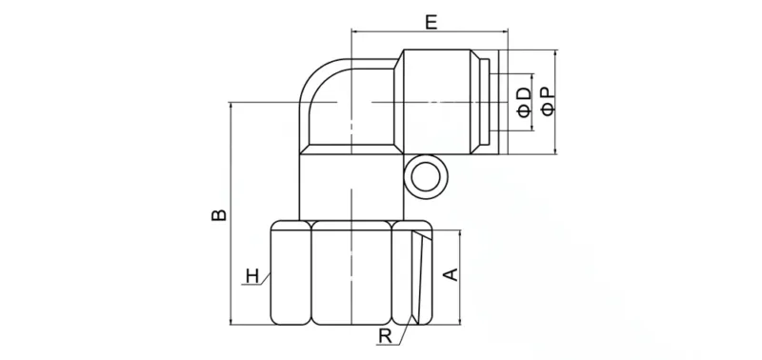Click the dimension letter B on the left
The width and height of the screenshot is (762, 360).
(219, 215)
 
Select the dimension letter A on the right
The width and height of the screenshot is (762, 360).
(453, 275)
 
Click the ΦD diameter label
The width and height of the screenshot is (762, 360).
(524, 101)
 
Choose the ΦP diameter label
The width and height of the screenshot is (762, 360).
(548, 101)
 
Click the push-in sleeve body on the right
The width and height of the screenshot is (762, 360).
(443, 101)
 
